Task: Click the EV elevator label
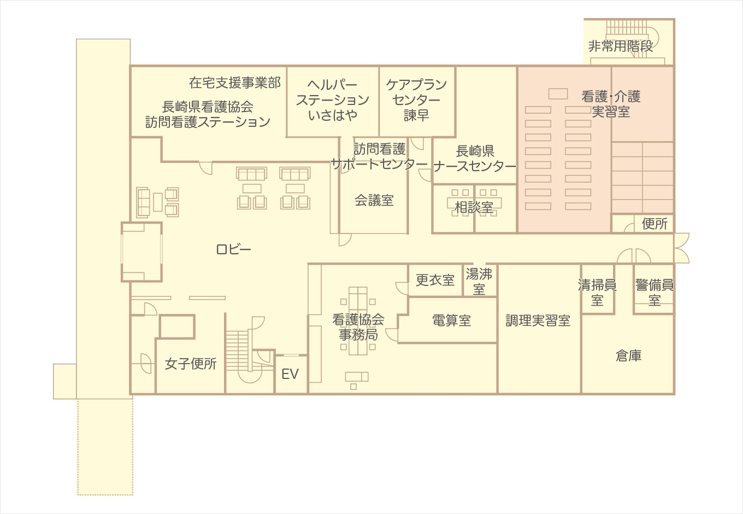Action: point(290,374)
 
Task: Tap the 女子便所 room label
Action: point(191,364)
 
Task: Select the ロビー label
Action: point(234,249)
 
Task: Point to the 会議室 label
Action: point(374,201)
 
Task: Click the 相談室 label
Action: point(474,207)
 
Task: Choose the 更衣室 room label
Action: point(435,280)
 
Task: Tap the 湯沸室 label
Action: point(479,281)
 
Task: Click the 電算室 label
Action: point(451,320)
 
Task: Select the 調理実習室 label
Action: point(538,320)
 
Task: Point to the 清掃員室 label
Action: point(597,292)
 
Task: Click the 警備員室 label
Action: point(654,292)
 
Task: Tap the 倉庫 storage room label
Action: point(628,355)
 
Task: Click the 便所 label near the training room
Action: point(654,223)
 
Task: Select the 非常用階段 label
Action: point(621,46)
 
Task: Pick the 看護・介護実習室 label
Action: point(611,104)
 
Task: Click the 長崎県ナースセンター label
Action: point(475,158)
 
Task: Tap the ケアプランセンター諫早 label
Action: point(416,100)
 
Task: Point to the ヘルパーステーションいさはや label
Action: point(333,100)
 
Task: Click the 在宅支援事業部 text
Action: point(235,83)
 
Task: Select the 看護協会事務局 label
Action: point(358,326)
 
